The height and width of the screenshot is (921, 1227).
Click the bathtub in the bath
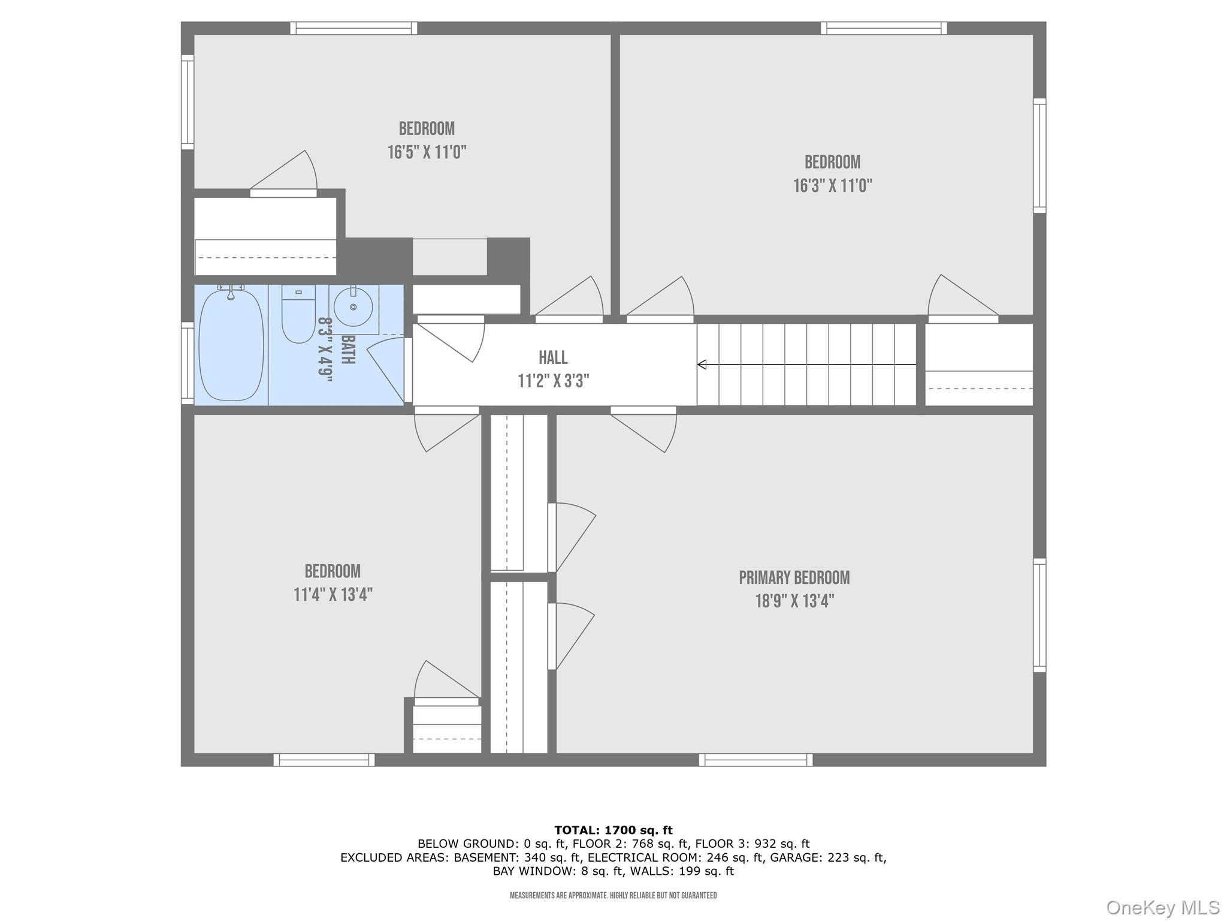tap(231, 346)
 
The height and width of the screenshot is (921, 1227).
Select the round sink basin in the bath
tap(353, 307)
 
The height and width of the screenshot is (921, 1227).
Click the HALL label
tap(553, 358)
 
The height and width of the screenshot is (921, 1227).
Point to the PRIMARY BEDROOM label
tap(794, 578)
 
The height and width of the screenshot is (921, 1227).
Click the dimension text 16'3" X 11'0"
tap(832, 186)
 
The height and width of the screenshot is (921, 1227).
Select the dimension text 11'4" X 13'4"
tap(333, 595)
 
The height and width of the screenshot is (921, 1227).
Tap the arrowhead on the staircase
tap(702, 365)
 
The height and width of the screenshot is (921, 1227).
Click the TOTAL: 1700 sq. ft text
tap(613, 830)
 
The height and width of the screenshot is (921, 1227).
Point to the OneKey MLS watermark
tap(1162, 907)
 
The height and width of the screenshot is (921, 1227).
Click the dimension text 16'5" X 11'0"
tap(427, 152)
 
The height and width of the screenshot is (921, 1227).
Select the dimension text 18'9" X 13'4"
tap(794, 601)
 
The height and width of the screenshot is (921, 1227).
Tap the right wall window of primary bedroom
tap(1040, 615)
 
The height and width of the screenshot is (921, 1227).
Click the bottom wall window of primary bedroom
tap(755, 760)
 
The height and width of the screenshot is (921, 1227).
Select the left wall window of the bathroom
tap(187, 363)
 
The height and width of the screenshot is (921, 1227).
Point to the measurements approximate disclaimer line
tap(613, 896)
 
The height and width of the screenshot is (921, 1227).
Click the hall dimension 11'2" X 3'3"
tap(553, 381)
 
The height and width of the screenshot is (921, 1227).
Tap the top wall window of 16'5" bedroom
tap(353, 28)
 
